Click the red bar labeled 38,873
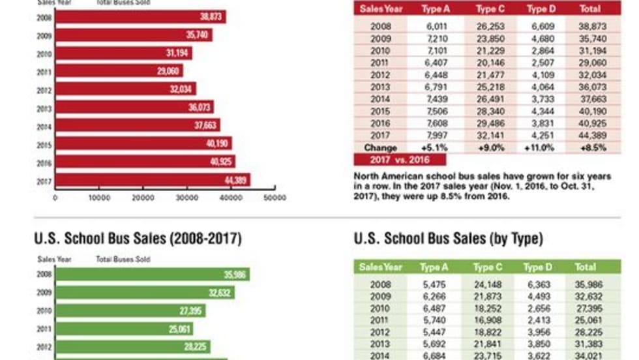pyautogui.click(x=140, y=17)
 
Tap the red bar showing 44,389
pyautogui.click(x=153, y=179)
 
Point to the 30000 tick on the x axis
pyautogui.click(x=187, y=197)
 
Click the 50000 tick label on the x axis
pyautogui.click(x=275, y=197)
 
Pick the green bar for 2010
pyautogui.click(x=130, y=311)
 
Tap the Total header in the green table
pyautogui.click(x=585, y=267)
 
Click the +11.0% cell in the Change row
pyautogui.click(x=539, y=148)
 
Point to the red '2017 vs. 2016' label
pyautogui.click(x=400, y=160)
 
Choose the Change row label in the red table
pyautogui.click(x=380, y=148)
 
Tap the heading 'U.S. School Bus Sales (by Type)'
pyautogui.click(x=448, y=239)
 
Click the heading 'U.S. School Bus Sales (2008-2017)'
pyautogui.click(x=138, y=239)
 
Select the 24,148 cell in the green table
pyautogui.click(x=487, y=284)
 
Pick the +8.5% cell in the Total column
pyautogui.click(x=591, y=148)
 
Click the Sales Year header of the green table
pyautogui.click(x=381, y=267)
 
